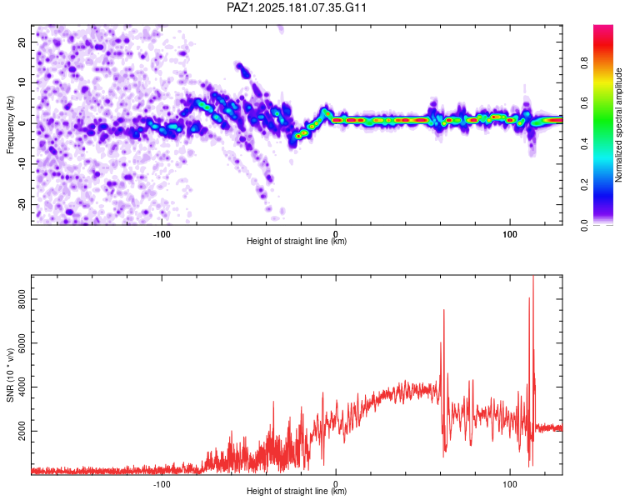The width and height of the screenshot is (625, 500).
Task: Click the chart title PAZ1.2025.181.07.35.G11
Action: (x=296, y=7)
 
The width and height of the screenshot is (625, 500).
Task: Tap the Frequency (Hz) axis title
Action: (x=10, y=125)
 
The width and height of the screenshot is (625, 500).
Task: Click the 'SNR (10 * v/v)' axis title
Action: (x=10, y=375)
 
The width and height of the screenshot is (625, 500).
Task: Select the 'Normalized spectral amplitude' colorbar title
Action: (x=618, y=125)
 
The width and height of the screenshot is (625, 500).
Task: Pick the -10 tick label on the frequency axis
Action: (x=22, y=164)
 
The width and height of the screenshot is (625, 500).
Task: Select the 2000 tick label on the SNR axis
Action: (x=22, y=431)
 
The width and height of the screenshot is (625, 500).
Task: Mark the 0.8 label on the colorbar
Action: (x=584, y=62)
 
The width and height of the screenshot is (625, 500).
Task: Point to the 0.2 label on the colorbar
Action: (x=584, y=185)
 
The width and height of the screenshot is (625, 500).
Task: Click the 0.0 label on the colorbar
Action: (x=584, y=225)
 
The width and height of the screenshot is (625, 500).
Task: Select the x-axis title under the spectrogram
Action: (x=297, y=241)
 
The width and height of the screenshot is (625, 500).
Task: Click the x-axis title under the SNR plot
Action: (x=297, y=491)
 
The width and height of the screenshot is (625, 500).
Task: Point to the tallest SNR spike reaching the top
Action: (x=533, y=277)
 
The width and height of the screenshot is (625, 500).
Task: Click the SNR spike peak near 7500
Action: (x=444, y=310)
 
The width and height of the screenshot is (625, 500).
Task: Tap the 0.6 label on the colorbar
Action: (x=584, y=103)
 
